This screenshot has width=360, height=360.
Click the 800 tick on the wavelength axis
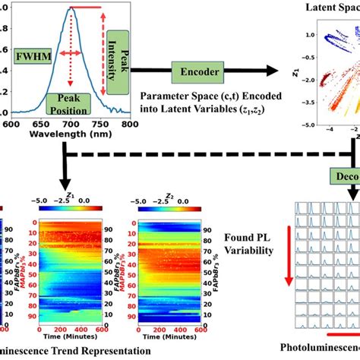[x=129, y=123]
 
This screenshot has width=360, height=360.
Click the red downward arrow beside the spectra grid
[x=289, y=270]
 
